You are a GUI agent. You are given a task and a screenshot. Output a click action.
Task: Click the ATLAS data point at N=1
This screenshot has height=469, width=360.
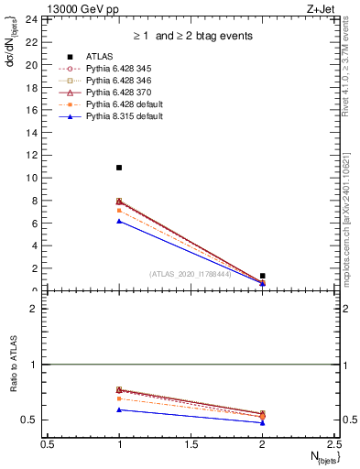pyautogui.click(x=119, y=168)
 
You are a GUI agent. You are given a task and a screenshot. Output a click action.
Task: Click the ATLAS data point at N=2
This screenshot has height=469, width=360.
pyautogui.click(x=263, y=276)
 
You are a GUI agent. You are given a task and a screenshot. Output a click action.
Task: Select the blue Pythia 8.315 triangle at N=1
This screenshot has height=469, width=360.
pyautogui.click(x=119, y=221)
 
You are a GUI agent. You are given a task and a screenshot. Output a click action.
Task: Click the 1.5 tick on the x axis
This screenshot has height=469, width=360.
pyautogui.click(x=191, y=445)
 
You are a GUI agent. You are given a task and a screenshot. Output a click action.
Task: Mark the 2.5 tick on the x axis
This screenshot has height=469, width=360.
pyautogui.click(x=334, y=445)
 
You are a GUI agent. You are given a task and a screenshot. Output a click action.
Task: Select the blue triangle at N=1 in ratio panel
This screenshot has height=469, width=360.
pyautogui.click(x=119, y=409)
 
